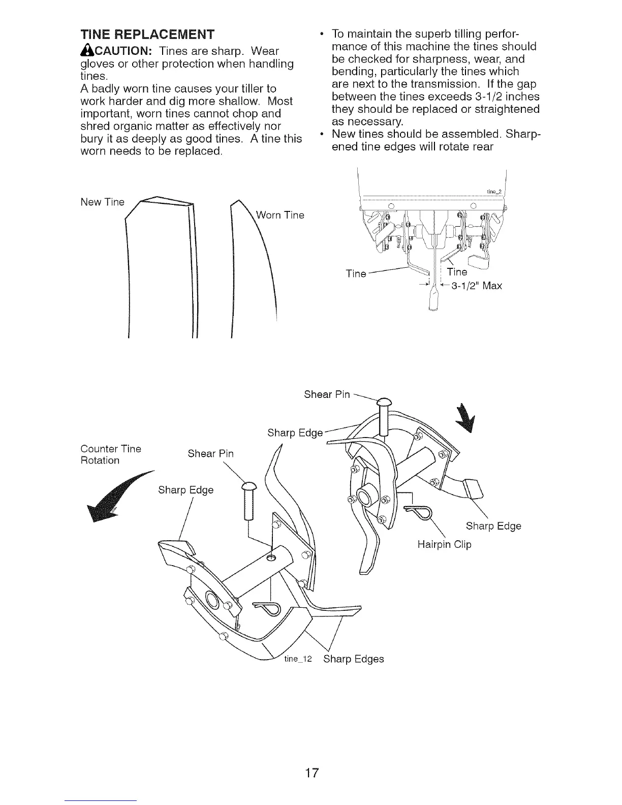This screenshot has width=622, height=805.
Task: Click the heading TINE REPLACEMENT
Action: (x=147, y=35)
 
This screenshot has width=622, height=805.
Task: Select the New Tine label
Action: (x=102, y=202)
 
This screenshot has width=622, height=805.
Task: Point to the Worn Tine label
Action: (x=280, y=215)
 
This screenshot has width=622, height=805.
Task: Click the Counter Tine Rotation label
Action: (x=111, y=454)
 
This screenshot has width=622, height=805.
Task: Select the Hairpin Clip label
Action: (x=444, y=545)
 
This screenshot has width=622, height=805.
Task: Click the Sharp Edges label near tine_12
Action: (x=354, y=659)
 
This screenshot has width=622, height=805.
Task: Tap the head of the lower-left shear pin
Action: (x=248, y=487)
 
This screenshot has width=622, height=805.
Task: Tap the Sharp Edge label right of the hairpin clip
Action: (x=493, y=526)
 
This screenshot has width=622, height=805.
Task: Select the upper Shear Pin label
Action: (x=327, y=394)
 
